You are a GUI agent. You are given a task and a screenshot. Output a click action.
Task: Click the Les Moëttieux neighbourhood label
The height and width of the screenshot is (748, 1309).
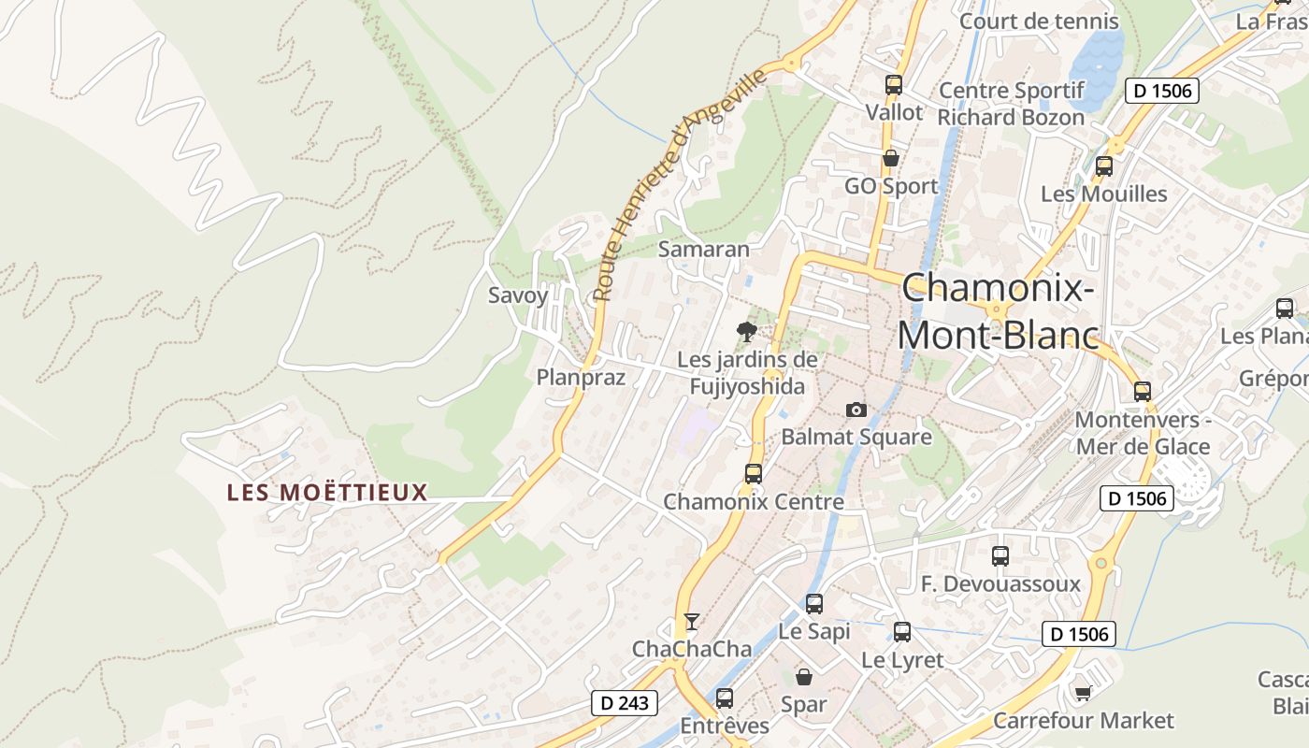pyautogui.click(x=327, y=492)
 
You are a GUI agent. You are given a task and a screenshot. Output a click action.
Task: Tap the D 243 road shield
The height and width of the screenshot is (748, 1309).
pyautogui.click(x=625, y=703)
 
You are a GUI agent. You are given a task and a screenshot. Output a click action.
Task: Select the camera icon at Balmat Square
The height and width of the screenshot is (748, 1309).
pyautogui.click(x=856, y=410)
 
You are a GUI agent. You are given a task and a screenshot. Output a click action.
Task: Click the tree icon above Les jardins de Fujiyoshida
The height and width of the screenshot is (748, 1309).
pyautogui.click(x=746, y=331)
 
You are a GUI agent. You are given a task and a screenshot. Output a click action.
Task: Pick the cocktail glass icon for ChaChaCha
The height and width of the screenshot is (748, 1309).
pyautogui.click(x=691, y=622)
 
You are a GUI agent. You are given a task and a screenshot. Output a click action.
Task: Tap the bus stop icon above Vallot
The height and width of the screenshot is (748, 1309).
pyautogui.click(x=893, y=85)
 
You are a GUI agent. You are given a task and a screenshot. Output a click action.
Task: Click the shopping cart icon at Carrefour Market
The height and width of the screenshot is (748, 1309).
pyautogui.click(x=1083, y=693)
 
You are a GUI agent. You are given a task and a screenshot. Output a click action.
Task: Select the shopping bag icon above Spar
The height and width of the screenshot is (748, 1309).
pyautogui.click(x=804, y=676)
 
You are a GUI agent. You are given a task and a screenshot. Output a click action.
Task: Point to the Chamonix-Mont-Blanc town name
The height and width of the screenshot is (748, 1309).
pyautogui.click(x=998, y=310)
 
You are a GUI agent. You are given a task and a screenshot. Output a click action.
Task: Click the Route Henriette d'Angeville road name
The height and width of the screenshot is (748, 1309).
pyautogui.click(x=680, y=184)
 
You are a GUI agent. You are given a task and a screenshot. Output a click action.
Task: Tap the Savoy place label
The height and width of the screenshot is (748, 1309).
pyautogui.click(x=518, y=295)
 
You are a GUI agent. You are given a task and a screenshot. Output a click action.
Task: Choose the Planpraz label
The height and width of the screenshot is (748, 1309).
pyautogui.click(x=581, y=377)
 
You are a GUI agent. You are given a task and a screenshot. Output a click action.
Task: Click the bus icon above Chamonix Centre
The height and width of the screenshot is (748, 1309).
pyautogui.click(x=754, y=474)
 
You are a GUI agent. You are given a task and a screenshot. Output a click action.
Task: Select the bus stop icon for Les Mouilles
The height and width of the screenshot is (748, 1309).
pyautogui.click(x=1104, y=166)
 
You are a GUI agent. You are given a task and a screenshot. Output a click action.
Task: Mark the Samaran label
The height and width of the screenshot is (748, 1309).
pyautogui.click(x=704, y=249)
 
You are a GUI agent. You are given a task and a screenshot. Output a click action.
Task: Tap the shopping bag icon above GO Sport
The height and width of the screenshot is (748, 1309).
pyautogui.click(x=891, y=158)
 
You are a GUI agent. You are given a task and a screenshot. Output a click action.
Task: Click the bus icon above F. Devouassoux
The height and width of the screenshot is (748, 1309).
pyautogui.click(x=1000, y=556)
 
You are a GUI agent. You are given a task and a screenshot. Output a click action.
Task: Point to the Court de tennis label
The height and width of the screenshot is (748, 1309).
pyautogui.click(x=1039, y=21)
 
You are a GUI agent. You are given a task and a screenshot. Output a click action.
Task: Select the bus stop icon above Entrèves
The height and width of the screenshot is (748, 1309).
pyautogui.click(x=725, y=698)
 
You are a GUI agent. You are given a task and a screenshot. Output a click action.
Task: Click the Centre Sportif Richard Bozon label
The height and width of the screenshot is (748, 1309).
pyautogui.click(x=1011, y=104)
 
